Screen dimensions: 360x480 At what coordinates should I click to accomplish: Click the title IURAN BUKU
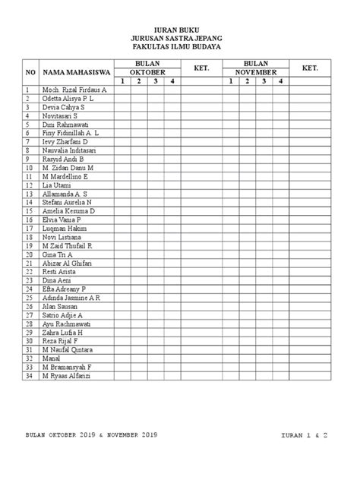click(x=179, y=27)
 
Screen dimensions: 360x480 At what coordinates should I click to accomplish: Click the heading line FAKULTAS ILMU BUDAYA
click(x=179, y=46)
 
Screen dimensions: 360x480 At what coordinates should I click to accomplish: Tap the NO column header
click(x=31, y=72)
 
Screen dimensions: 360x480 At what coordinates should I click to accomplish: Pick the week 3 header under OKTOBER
click(x=155, y=81)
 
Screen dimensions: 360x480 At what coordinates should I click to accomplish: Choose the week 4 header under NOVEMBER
click(x=280, y=81)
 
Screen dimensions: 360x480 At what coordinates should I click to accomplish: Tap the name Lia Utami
click(x=57, y=185)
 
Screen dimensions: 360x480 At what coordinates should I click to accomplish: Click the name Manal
click(x=52, y=358)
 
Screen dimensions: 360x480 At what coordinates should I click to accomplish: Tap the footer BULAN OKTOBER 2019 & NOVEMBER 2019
click(x=90, y=434)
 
